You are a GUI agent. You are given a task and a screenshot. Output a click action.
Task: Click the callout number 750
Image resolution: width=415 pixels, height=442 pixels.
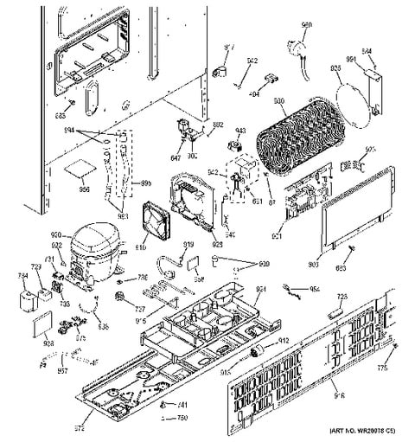(182, 419)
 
